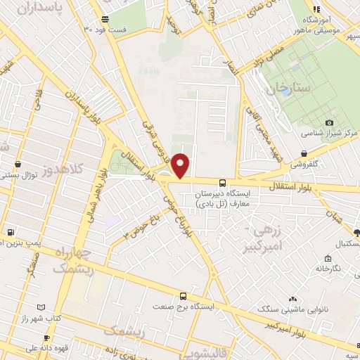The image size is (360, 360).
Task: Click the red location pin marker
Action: point(181,165)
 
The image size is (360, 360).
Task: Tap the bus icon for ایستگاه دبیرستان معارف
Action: point(222,183)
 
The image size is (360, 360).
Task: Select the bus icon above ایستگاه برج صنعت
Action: point(183,297)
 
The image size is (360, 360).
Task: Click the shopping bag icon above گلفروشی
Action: point(303,153)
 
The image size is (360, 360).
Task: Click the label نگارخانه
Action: point(327,269)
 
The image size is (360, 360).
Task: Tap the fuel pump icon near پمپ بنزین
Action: point(11,232)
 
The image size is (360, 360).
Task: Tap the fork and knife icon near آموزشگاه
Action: point(316,9)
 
